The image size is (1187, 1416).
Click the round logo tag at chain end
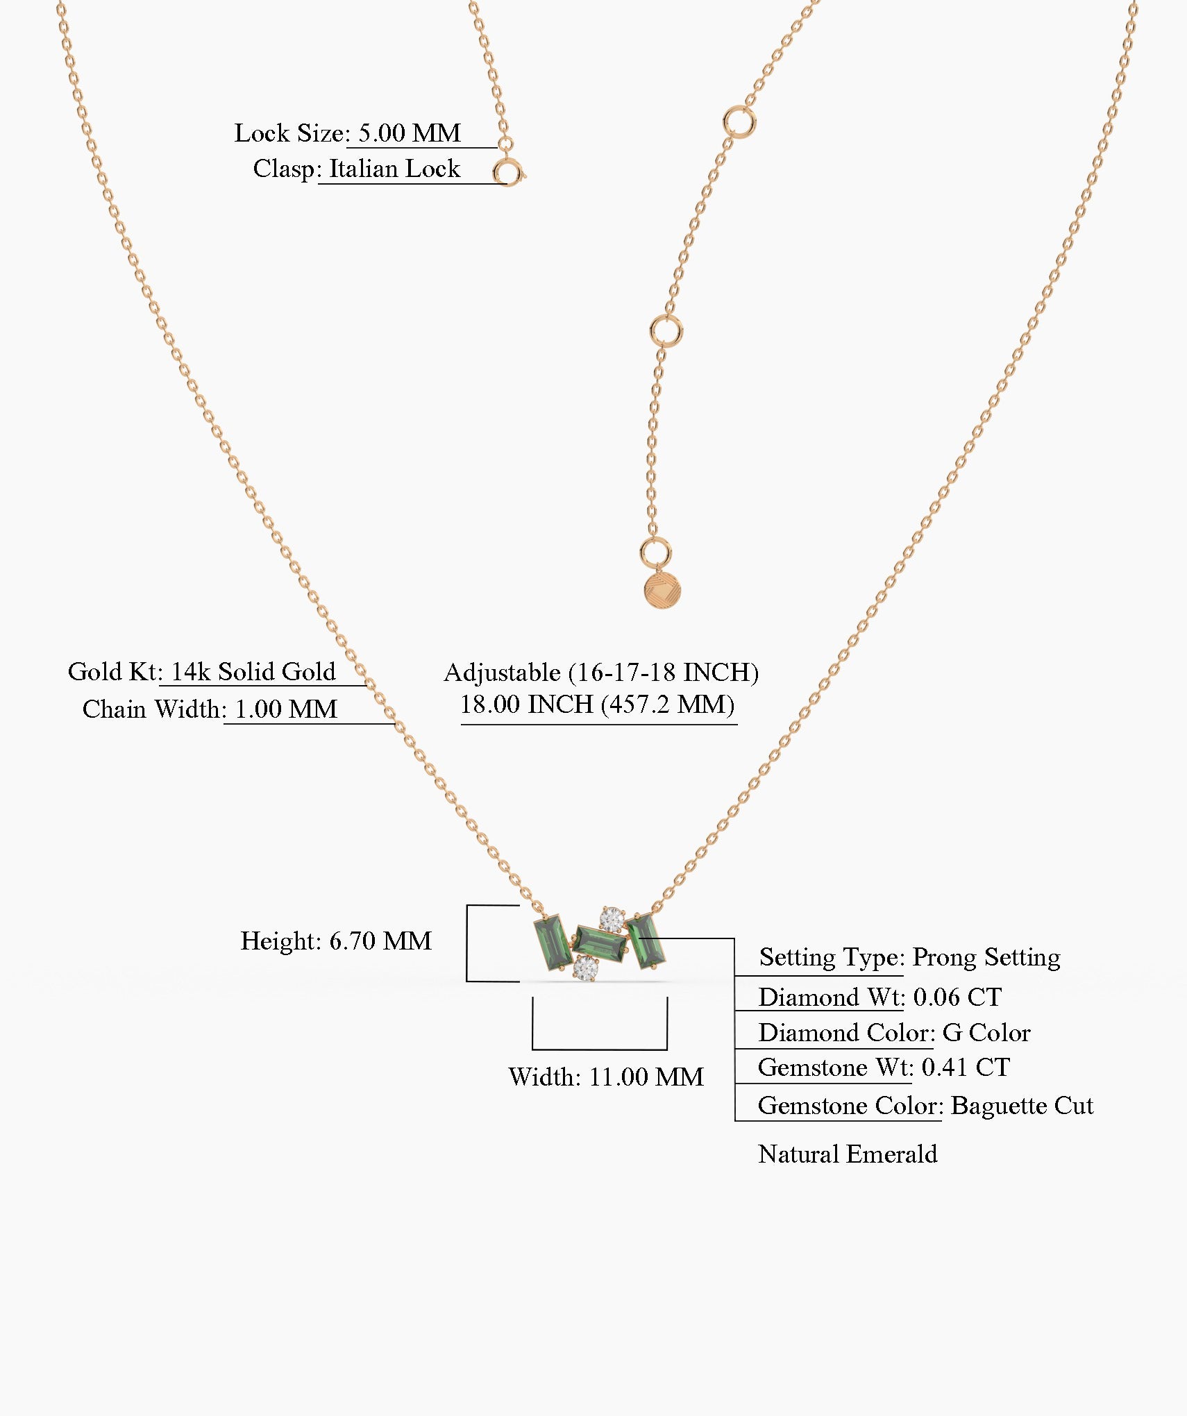[x=662, y=590]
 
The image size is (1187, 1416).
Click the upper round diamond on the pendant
[x=612, y=920]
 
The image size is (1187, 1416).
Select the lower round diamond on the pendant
[x=586, y=967]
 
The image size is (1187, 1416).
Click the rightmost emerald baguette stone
[x=646, y=941]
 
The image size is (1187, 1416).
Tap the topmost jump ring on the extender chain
[x=739, y=123]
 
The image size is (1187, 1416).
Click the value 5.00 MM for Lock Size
[x=410, y=133]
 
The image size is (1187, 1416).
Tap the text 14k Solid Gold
[x=253, y=671]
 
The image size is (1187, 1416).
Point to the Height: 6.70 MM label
[x=336, y=941]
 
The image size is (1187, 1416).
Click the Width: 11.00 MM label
[x=606, y=1077]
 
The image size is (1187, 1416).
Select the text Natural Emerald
[x=848, y=1154]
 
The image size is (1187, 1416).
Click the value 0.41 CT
[x=966, y=1067]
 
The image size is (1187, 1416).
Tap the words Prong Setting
[x=986, y=958]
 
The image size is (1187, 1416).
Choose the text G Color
[x=986, y=1032]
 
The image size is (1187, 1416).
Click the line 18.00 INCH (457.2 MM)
[x=598, y=705]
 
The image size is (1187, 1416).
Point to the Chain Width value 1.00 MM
[x=286, y=709]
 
